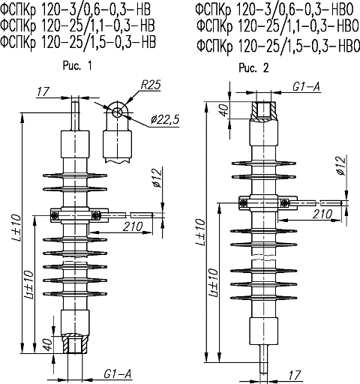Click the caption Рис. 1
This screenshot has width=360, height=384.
(77, 66)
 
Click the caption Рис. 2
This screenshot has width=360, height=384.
(253, 67)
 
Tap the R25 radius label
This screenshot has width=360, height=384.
(151, 85)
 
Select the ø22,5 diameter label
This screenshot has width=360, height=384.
(165, 120)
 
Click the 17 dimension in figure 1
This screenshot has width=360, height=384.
(43, 91)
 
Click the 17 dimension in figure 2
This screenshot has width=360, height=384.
(295, 375)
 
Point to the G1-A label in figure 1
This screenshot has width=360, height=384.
(117, 374)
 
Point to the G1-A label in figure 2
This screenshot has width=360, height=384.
(306, 86)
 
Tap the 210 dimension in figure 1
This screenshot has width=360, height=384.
(133, 226)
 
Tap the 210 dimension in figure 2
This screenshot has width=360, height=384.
(322, 214)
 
